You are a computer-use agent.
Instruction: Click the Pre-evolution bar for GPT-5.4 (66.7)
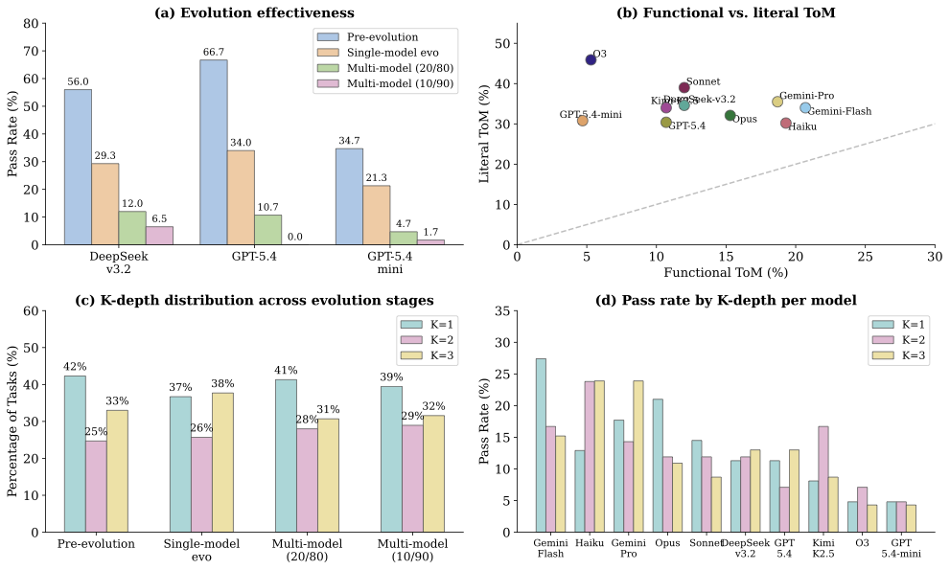click(214, 152)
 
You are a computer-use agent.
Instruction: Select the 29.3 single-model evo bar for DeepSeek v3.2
click(105, 204)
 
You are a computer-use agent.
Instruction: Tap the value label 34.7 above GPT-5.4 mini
click(349, 141)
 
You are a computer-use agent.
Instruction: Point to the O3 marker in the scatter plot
click(591, 59)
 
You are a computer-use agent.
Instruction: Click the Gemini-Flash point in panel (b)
click(805, 108)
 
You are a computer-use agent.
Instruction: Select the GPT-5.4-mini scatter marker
click(582, 121)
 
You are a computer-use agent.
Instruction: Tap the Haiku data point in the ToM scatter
click(786, 124)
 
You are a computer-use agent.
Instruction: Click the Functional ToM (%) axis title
click(726, 273)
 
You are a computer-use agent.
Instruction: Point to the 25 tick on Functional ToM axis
click(865, 256)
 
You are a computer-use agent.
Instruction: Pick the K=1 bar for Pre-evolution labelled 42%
click(75, 454)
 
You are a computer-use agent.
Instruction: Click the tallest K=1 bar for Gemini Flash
click(541, 445)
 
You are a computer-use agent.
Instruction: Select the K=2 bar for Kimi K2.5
click(823, 479)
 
